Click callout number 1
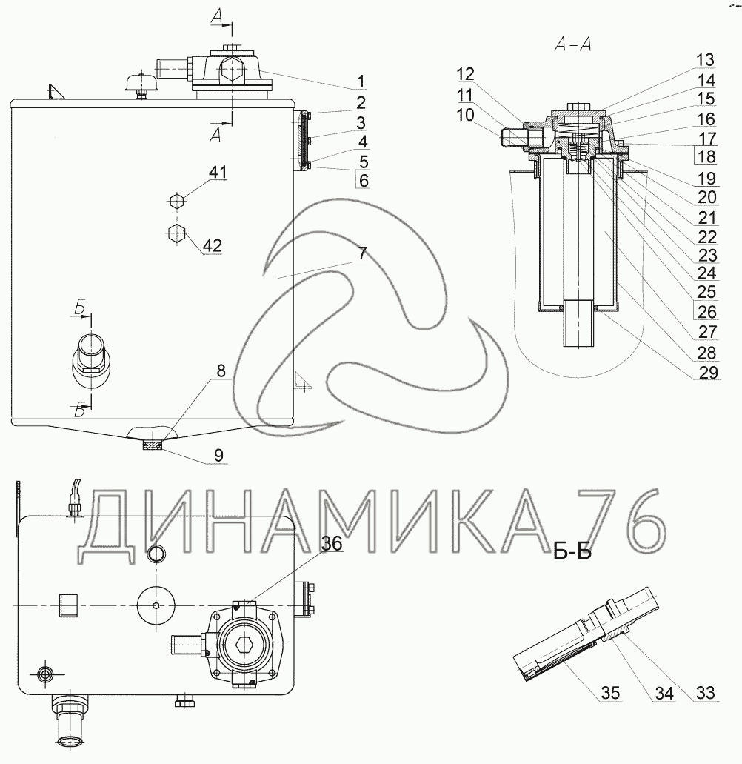click(361, 82)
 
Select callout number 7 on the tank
click(362, 253)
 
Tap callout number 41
click(218, 172)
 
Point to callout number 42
click(213, 245)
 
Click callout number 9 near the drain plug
click(218, 455)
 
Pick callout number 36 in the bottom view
click(332, 543)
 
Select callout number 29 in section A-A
click(709, 372)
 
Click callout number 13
click(705, 59)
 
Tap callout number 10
click(466, 115)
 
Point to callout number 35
click(610, 692)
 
